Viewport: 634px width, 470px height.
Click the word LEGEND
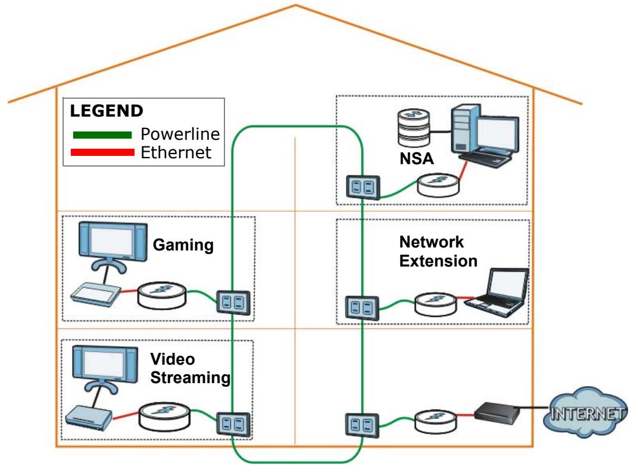(107, 111)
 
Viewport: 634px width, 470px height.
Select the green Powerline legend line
(102, 135)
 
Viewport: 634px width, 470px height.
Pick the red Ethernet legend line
(102, 152)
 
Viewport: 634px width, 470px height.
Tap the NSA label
(417, 158)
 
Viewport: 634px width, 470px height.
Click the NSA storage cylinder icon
(414, 127)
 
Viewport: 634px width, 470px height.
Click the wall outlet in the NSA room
(363, 187)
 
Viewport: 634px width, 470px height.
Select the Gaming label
(183, 245)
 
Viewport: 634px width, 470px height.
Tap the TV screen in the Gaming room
(113, 242)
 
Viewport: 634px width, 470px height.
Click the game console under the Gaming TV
(96, 295)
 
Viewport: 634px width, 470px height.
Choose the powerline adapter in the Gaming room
(162, 296)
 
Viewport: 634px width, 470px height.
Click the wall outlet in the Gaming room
(234, 302)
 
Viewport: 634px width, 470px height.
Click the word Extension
(438, 261)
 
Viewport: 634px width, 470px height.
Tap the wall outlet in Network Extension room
(363, 308)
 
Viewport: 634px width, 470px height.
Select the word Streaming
(190, 378)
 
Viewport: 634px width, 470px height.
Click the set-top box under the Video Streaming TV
(89, 418)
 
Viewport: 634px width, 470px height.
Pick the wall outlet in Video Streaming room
(233, 424)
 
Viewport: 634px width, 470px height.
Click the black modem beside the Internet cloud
(497, 413)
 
